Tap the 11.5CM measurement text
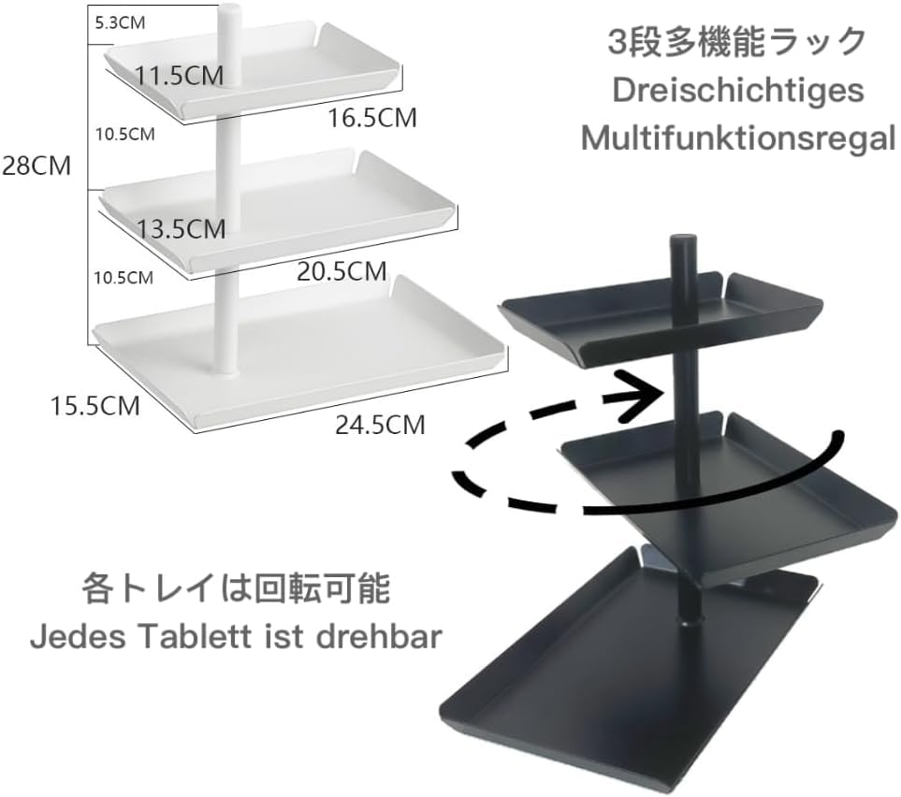click(x=181, y=75)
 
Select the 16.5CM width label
click(x=371, y=118)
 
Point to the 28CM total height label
click(x=36, y=167)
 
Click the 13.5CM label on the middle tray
click(x=180, y=227)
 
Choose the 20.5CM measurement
click(x=342, y=271)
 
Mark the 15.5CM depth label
click(x=95, y=406)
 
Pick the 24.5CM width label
click(x=380, y=425)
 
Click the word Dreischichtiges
click(x=737, y=92)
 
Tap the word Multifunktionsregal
click(x=738, y=138)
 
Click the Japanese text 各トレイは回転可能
click(x=235, y=590)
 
